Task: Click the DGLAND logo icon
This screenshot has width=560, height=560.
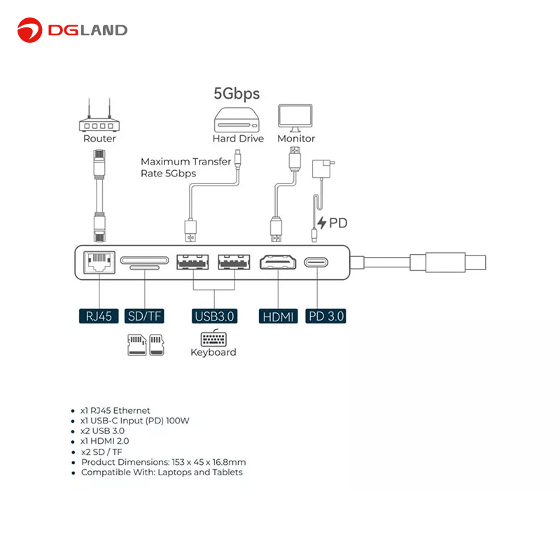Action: tap(30, 29)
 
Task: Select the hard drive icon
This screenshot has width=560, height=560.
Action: tap(238, 118)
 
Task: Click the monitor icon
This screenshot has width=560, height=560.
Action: tap(295, 118)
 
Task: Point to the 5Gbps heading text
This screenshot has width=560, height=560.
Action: tap(237, 93)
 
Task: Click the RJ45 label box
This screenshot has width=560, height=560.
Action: tap(99, 316)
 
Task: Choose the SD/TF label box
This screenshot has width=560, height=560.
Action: tap(144, 316)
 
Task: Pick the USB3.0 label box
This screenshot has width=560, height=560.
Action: tap(214, 316)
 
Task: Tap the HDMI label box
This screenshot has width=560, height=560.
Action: tap(278, 316)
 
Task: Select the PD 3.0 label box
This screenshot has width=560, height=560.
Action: tap(325, 316)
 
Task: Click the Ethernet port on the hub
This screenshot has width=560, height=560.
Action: tap(98, 262)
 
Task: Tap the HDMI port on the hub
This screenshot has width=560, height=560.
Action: tap(278, 263)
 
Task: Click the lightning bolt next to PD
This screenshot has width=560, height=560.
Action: tap(322, 223)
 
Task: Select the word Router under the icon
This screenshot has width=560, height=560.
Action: tap(99, 139)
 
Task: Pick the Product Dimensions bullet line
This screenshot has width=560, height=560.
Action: tap(163, 462)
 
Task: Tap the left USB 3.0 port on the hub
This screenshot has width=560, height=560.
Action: tap(192, 263)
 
